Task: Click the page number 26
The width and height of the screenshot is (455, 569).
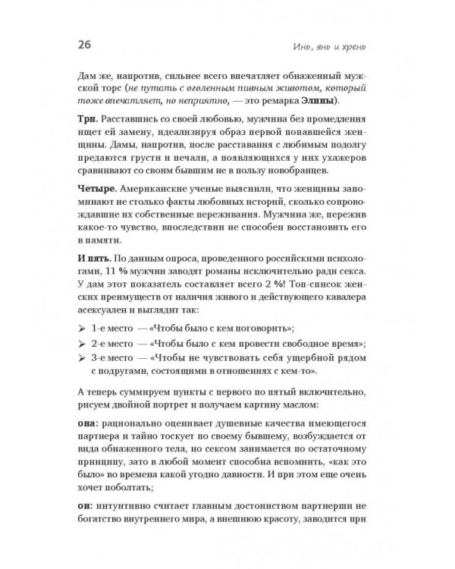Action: tap(83, 45)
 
